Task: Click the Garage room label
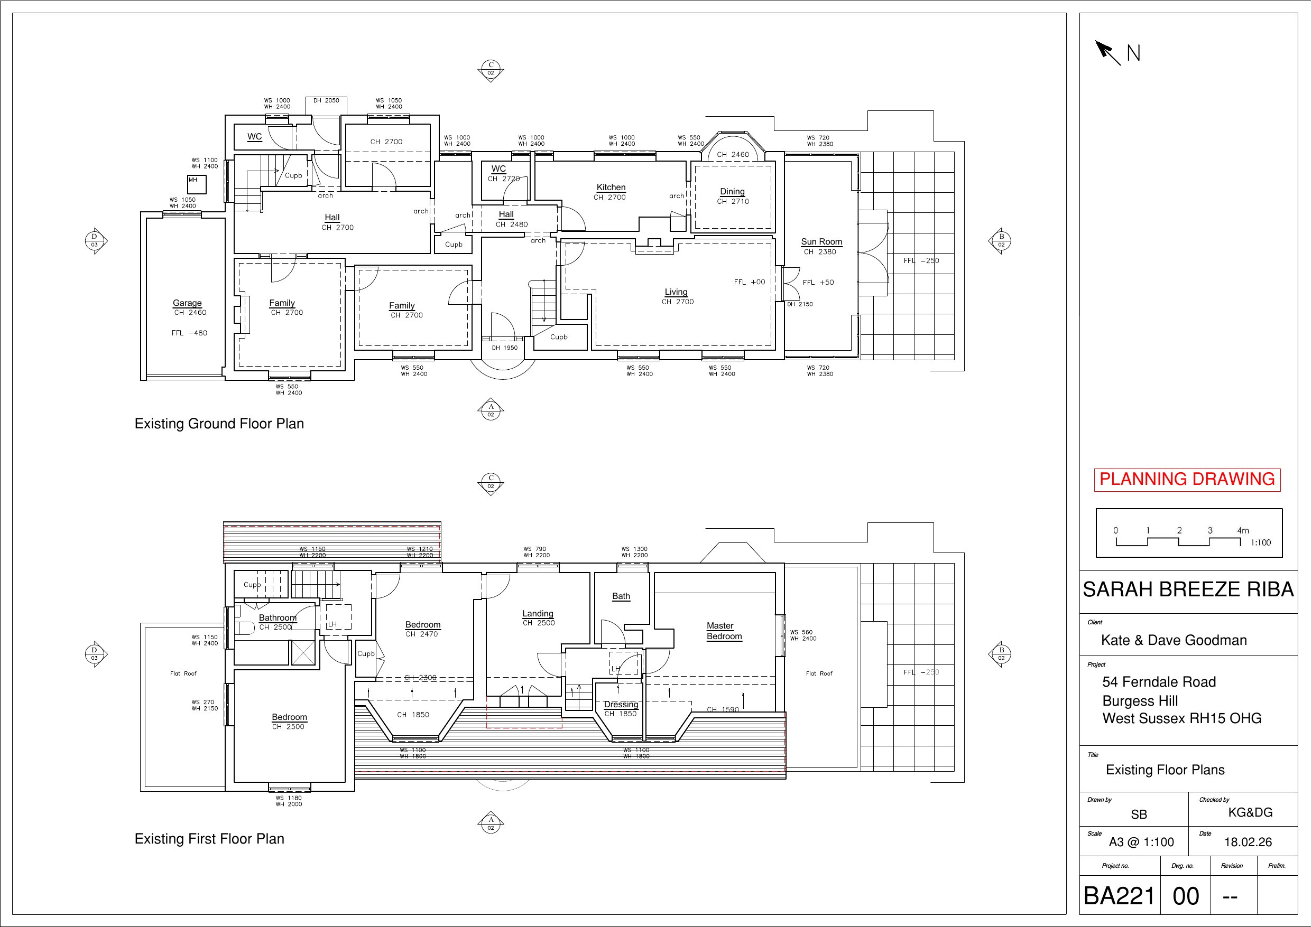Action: click(x=188, y=303)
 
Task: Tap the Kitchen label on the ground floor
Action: click(x=611, y=188)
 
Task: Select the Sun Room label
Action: click(x=821, y=241)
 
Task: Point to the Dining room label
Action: click(x=732, y=191)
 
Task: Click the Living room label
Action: click(x=676, y=292)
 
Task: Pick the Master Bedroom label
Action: click(x=724, y=631)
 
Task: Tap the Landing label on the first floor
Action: click(x=538, y=613)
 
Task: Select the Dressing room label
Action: click(x=621, y=704)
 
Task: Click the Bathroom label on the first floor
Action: click(x=278, y=617)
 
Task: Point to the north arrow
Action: click(x=1107, y=52)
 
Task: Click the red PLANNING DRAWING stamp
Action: click(x=1187, y=479)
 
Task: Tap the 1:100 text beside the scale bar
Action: click(x=1261, y=542)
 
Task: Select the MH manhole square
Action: click(x=197, y=184)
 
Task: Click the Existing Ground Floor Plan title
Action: click(x=219, y=424)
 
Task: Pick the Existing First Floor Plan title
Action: click(x=209, y=838)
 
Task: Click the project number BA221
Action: click(x=1119, y=896)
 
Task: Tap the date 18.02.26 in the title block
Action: click(x=1248, y=842)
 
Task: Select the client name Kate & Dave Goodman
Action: click(x=1174, y=640)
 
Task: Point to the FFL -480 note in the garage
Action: click(x=189, y=333)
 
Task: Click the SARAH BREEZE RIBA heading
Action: click(x=1188, y=589)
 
